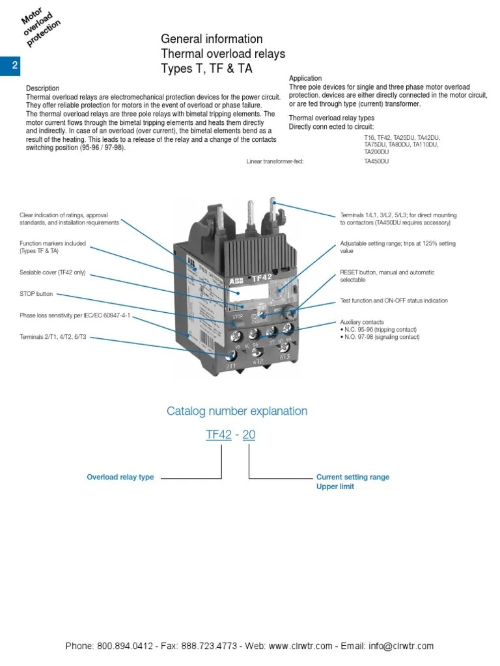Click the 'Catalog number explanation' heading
[x=237, y=411]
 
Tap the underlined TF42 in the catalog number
[x=219, y=435]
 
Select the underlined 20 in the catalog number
[x=249, y=435]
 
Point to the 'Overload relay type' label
[x=120, y=477]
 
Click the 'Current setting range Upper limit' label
[x=352, y=481]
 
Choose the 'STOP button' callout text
[x=36, y=294]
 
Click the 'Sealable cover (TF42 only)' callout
[x=52, y=273]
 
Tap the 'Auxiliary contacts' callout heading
[x=362, y=322]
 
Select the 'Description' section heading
[x=42, y=88]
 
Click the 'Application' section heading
[x=305, y=79]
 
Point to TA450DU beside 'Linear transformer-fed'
[x=376, y=161]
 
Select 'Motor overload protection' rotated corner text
[x=40, y=27]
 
